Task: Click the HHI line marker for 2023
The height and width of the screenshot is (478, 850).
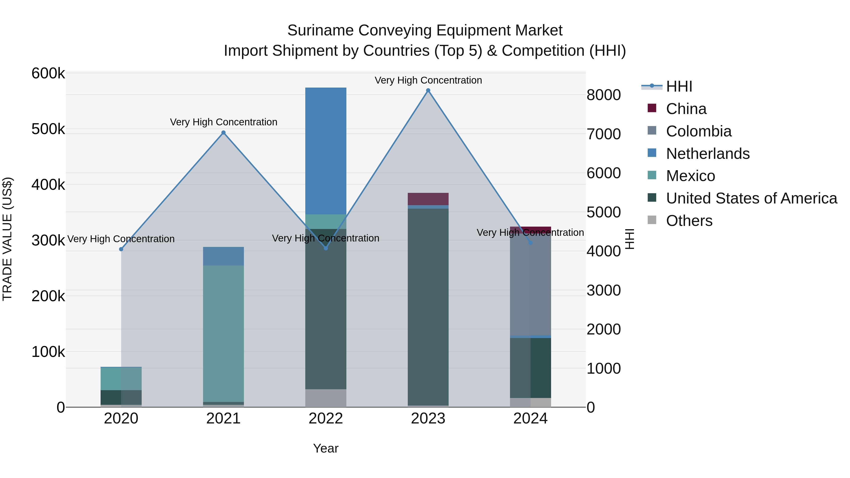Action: (428, 90)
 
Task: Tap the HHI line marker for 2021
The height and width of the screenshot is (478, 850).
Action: (223, 133)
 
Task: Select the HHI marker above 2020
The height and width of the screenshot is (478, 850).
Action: (121, 249)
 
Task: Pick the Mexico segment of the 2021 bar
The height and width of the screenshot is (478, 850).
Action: (223, 333)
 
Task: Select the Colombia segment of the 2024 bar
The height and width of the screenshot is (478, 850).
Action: (530, 285)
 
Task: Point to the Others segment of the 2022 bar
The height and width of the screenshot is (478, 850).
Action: (326, 398)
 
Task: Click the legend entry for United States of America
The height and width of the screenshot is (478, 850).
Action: (751, 198)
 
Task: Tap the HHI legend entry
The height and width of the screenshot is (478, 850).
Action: (679, 86)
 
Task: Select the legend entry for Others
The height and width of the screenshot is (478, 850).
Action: (689, 221)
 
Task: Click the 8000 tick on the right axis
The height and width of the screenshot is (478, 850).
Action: (603, 95)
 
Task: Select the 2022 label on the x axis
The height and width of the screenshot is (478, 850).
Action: (326, 419)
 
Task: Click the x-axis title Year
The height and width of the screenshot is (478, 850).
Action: (326, 448)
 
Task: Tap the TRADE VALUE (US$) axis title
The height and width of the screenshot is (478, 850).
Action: (7, 239)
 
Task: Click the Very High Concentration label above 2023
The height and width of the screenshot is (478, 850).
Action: (428, 80)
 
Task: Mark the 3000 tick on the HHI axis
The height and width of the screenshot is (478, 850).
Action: (603, 290)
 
